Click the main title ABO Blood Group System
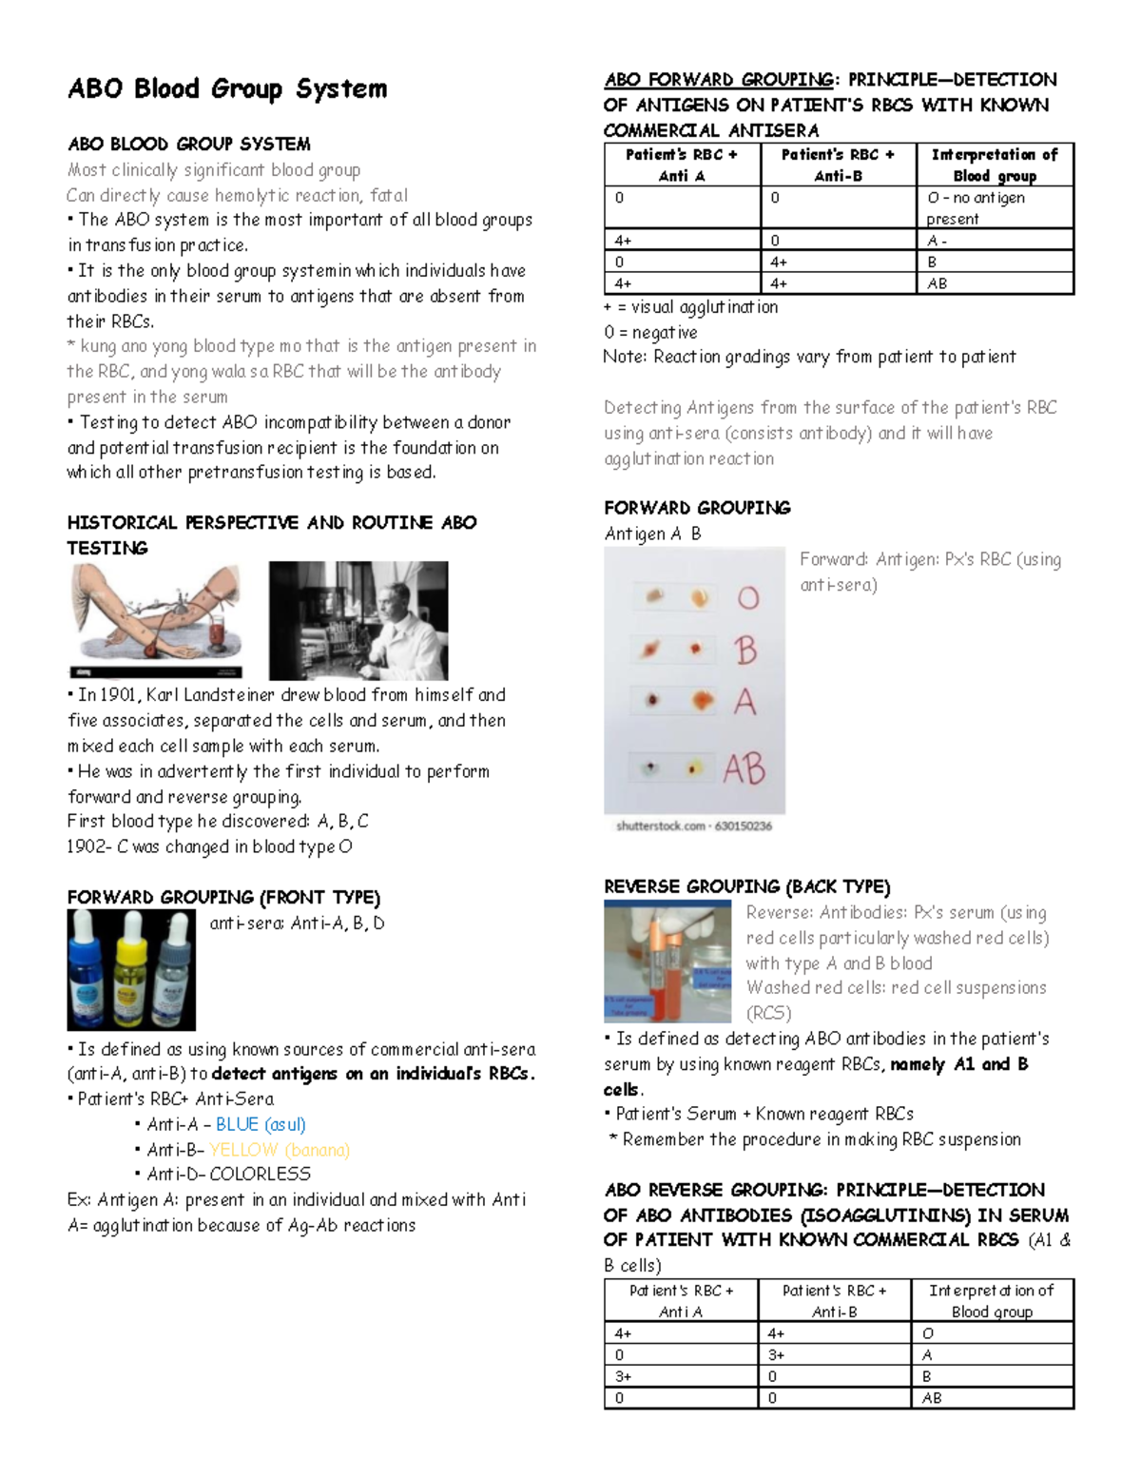(227, 89)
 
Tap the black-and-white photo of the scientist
(358, 621)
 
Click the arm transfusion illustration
(156, 619)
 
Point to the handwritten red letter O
(748, 598)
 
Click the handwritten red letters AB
(744, 768)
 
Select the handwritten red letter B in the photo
(745, 651)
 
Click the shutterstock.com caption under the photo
(694, 826)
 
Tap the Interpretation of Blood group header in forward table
(995, 165)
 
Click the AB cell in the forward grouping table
(938, 283)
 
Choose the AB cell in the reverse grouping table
(932, 1398)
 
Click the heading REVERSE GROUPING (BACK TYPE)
(746, 886)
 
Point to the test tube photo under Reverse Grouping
(667, 961)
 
